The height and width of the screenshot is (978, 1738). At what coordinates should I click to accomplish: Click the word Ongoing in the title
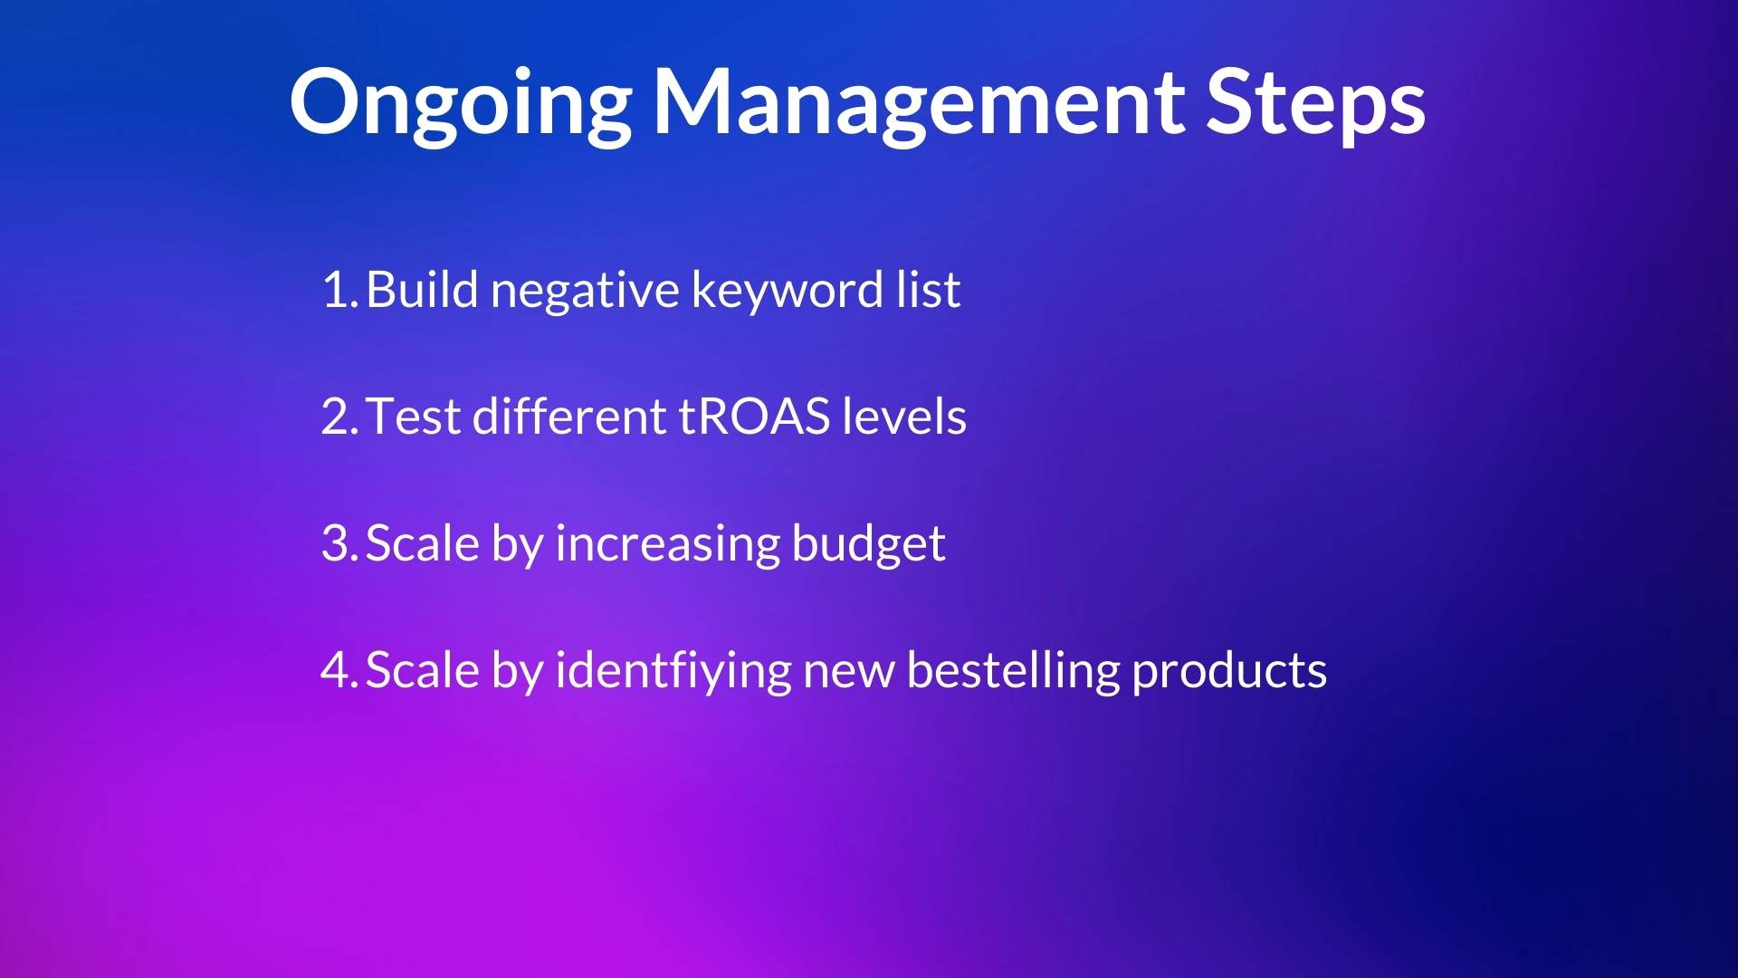click(461, 105)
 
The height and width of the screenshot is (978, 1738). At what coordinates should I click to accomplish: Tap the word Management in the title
click(918, 105)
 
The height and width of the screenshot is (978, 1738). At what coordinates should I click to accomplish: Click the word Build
click(422, 290)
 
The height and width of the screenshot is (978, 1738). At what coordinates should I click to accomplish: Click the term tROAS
click(754, 417)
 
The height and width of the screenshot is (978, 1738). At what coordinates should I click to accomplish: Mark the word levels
click(904, 417)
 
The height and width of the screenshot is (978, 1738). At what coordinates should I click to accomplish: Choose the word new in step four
click(849, 676)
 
